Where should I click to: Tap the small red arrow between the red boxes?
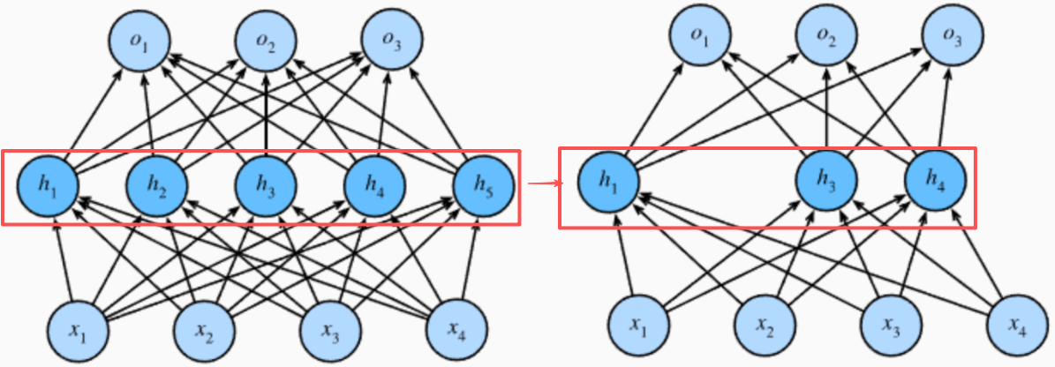(x=539, y=183)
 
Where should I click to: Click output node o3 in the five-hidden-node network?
(x=391, y=43)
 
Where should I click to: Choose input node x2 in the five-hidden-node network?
(x=204, y=333)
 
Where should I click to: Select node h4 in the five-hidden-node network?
(x=374, y=185)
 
